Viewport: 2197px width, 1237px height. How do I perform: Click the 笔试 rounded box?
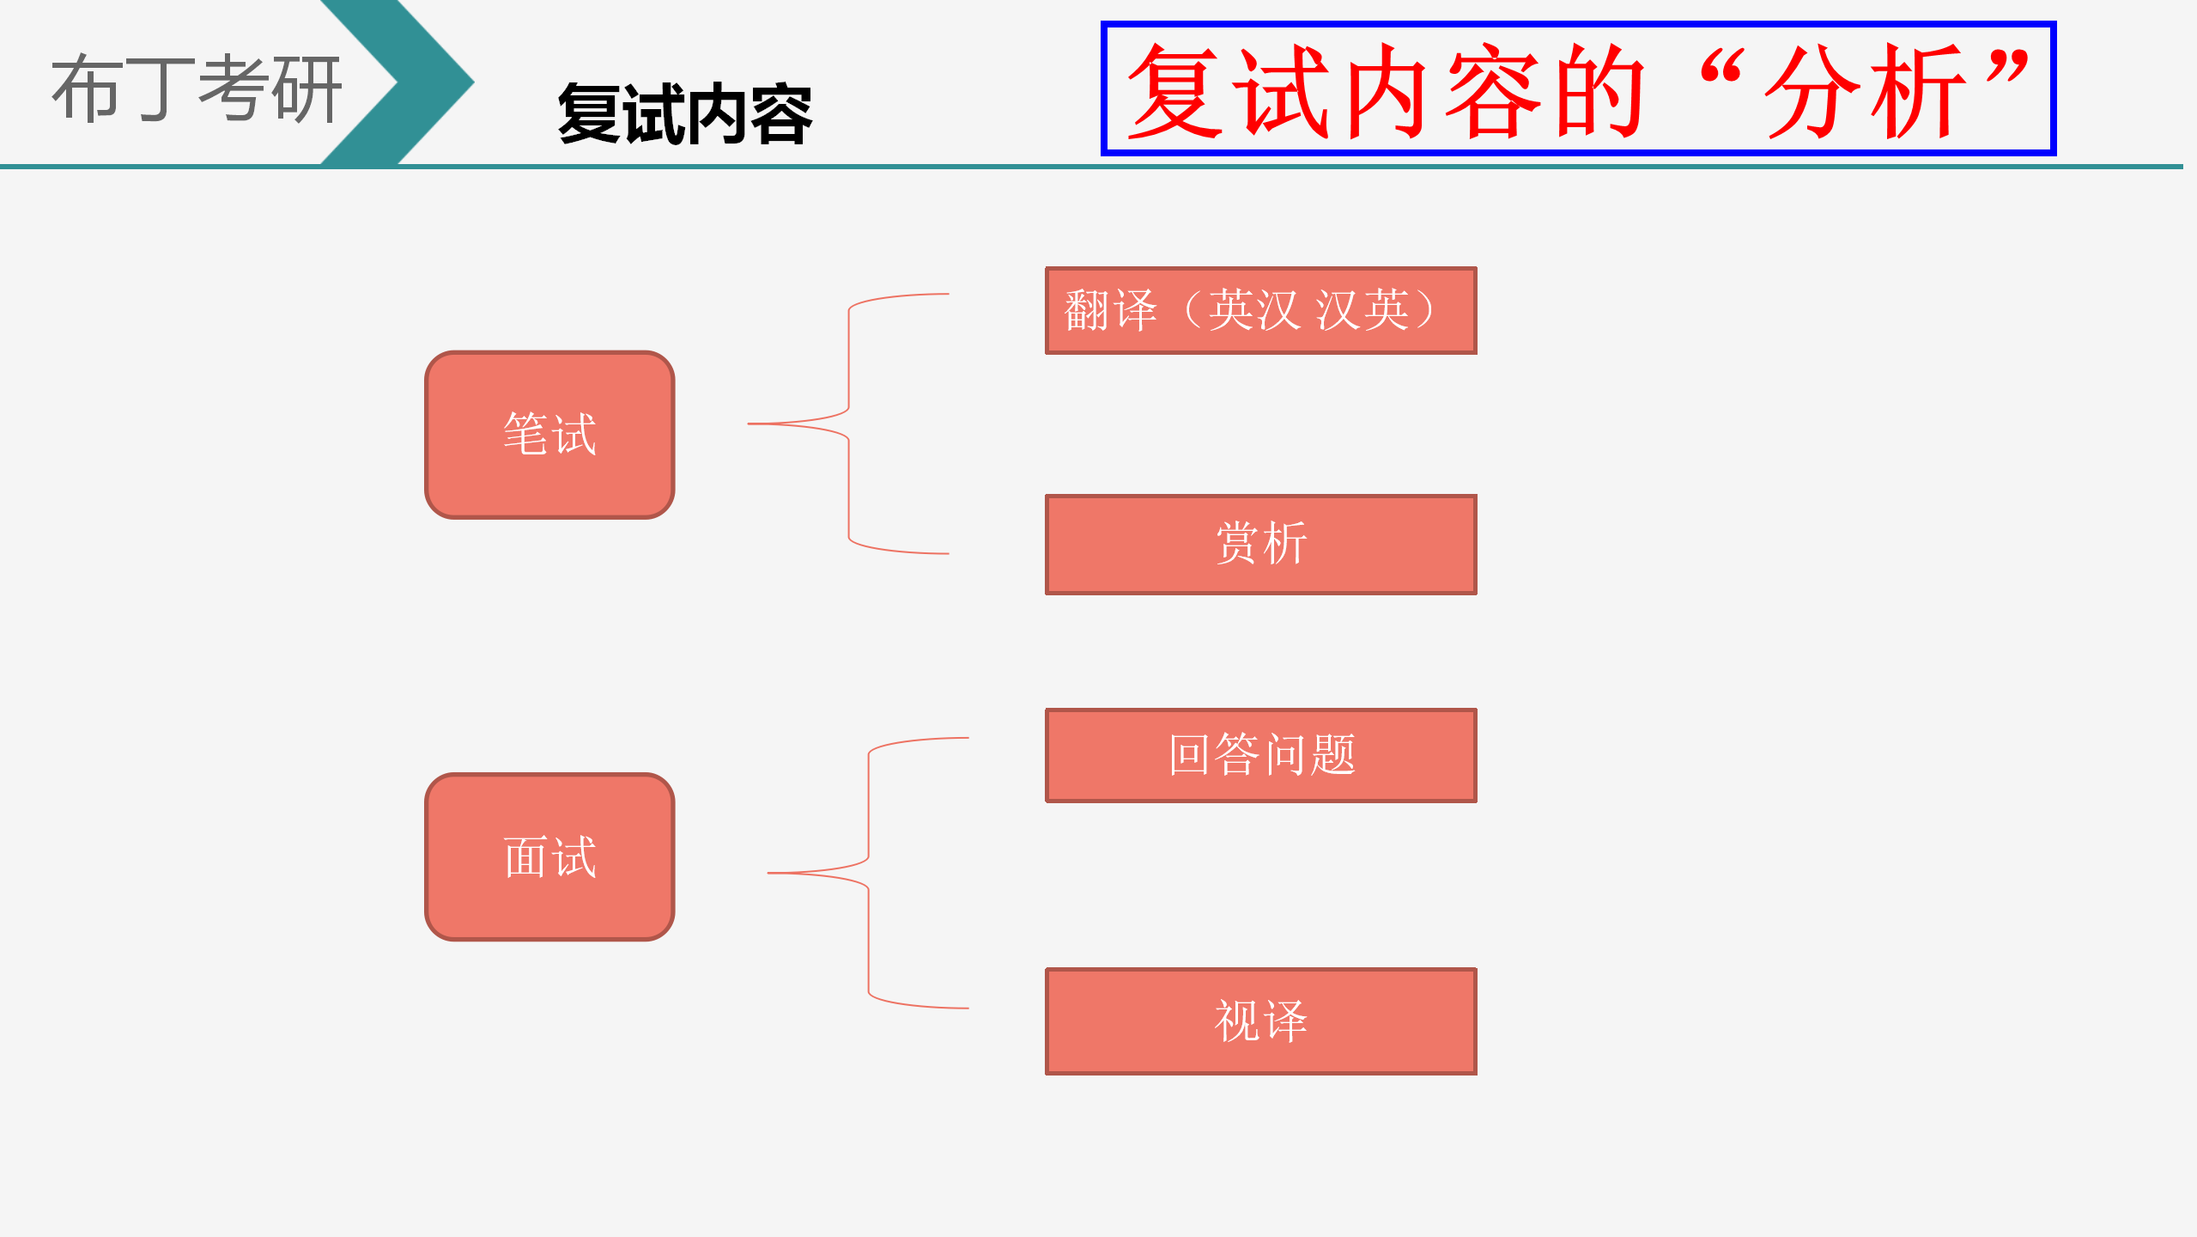(549, 435)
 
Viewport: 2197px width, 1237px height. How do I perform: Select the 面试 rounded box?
(549, 856)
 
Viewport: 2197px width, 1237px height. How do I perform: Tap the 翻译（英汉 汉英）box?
(1260, 310)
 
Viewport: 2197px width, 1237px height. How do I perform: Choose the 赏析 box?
(1260, 544)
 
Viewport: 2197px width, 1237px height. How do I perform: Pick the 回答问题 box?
(1260, 755)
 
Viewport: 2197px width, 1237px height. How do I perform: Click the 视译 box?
(1260, 1021)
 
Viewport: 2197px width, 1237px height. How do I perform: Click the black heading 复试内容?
(684, 114)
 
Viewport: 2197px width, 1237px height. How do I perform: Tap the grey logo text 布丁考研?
(197, 88)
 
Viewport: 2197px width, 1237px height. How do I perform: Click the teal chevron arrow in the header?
(398, 82)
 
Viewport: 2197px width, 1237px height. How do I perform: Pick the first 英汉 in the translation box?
(1254, 310)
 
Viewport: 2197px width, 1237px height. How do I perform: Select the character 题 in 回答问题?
(1332, 755)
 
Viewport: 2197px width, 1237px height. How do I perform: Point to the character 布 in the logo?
(87, 88)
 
